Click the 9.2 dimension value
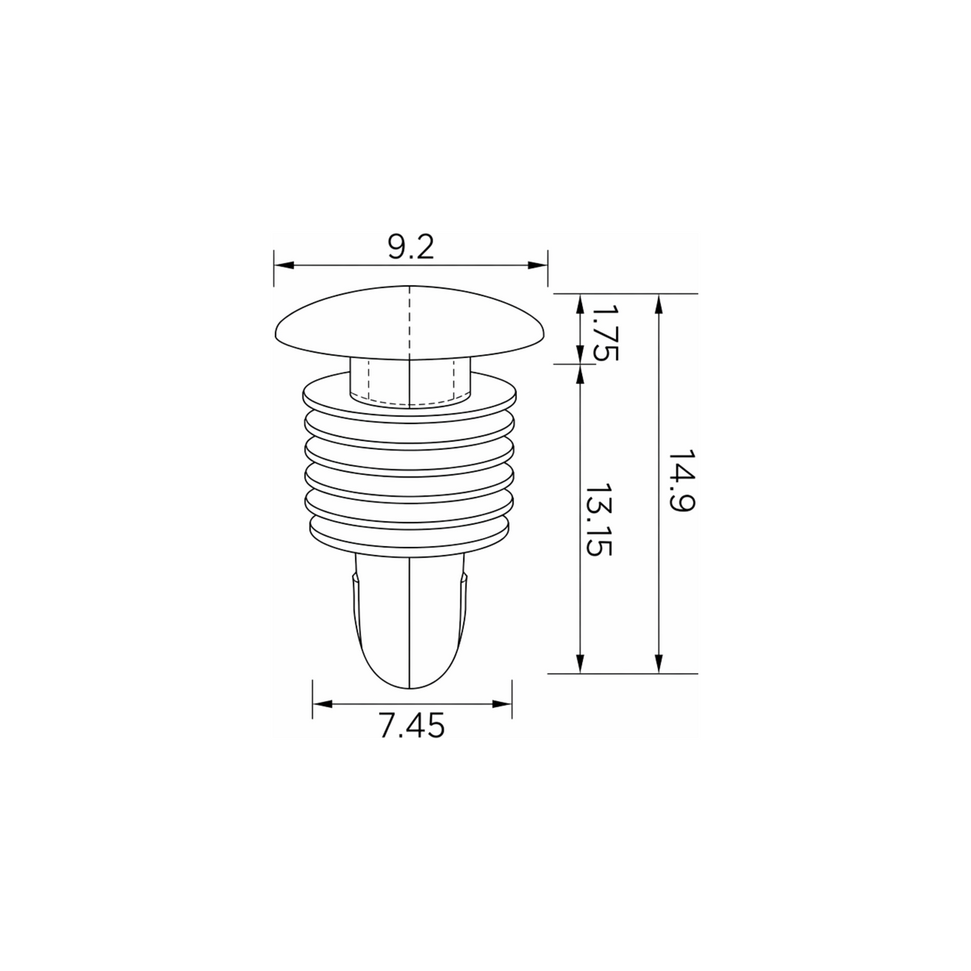click(x=411, y=247)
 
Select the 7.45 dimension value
click(x=412, y=726)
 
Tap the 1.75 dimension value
click(x=604, y=333)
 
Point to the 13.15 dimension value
click(x=599, y=519)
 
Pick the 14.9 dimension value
click(x=681, y=480)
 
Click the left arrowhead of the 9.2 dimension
click(x=283, y=265)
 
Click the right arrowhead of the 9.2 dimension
click(x=538, y=265)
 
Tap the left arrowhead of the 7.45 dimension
click(x=323, y=704)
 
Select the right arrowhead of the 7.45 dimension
click(x=502, y=704)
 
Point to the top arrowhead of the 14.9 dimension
click(x=659, y=304)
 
